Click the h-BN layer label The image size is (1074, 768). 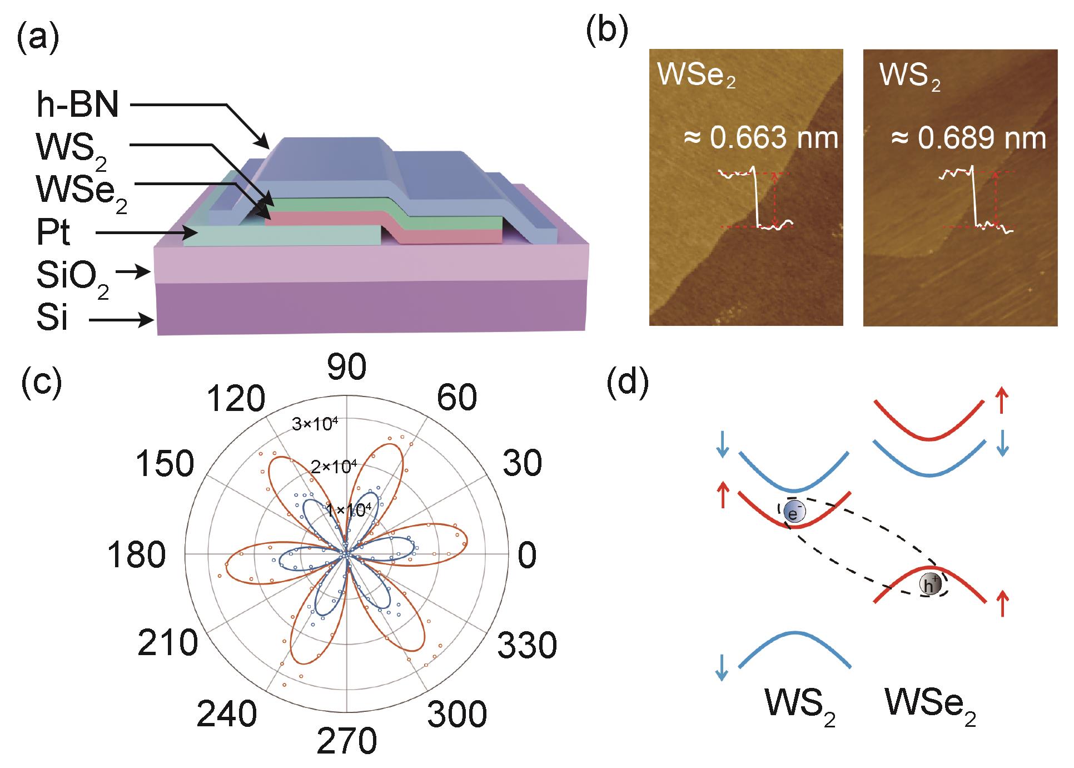tap(77, 104)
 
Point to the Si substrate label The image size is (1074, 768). tap(52, 319)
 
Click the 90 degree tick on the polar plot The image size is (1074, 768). tap(347, 368)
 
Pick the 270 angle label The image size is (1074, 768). tap(347, 741)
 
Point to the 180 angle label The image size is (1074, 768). tap(137, 554)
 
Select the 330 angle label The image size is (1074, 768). tap(526, 645)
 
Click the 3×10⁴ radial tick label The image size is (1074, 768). tap(315, 424)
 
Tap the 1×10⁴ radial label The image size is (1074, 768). tap(348, 510)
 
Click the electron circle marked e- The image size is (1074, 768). tap(793, 513)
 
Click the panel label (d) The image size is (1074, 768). tap(628, 383)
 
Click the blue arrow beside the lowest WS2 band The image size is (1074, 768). tap(722, 667)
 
